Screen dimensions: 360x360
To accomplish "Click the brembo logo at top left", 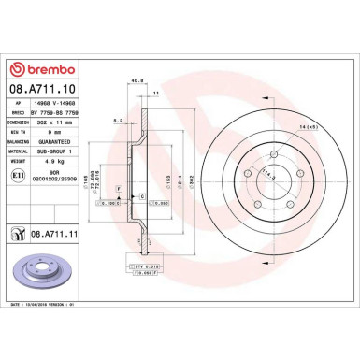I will pyautogui.click(x=37, y=69).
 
